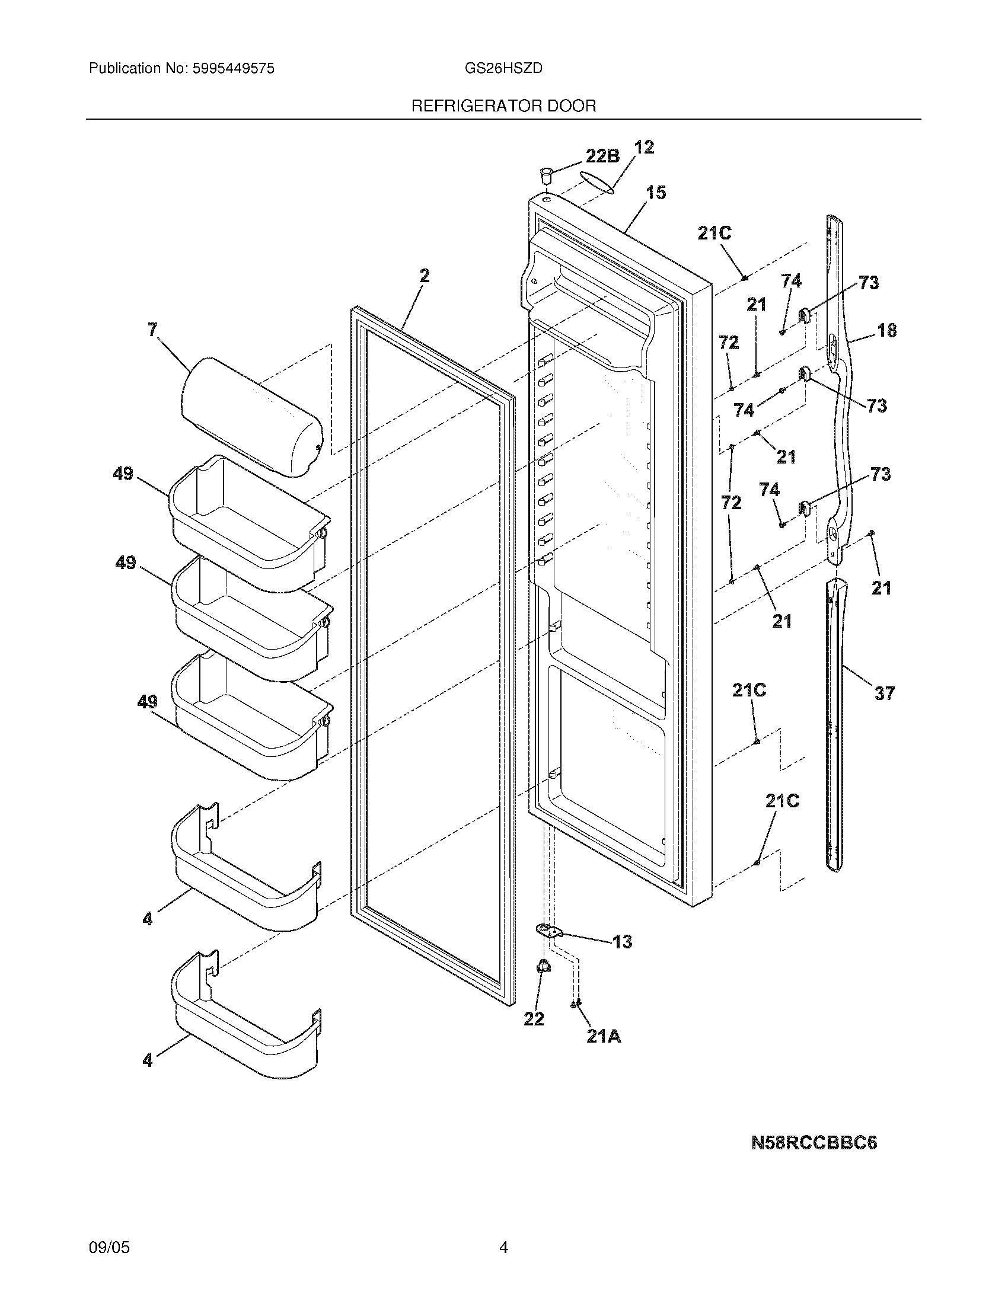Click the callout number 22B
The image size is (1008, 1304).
point(602,156)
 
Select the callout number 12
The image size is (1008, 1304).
point(644,147)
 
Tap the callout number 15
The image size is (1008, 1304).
point(656,192)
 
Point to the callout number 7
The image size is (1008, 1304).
point(153,329)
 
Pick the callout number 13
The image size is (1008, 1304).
point(621,942)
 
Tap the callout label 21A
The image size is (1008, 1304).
point(603,1037)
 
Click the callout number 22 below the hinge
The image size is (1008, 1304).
point(533,1018)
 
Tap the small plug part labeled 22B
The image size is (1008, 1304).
point(544,177)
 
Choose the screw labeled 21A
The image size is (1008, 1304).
point(576,1003)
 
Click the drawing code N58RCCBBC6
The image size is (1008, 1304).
point(814,1143)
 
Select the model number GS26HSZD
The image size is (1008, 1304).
point(503,69)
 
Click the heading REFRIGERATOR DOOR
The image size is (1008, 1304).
point(503,106)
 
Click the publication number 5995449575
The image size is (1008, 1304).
point(234,69)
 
